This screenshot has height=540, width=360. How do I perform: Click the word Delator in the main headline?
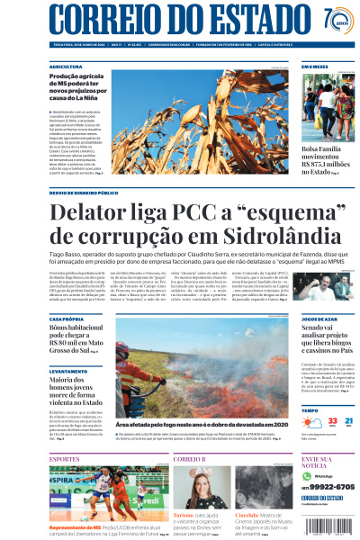pyautogui.click(x=96, y=214)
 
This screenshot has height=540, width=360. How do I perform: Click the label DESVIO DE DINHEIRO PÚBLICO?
pyautogui.click(x=84, y=193)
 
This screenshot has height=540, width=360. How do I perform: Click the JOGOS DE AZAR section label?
pyautogui.click(x=320, y=319)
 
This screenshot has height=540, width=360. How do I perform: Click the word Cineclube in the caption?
pyautogui.click(x=248, y=516)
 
